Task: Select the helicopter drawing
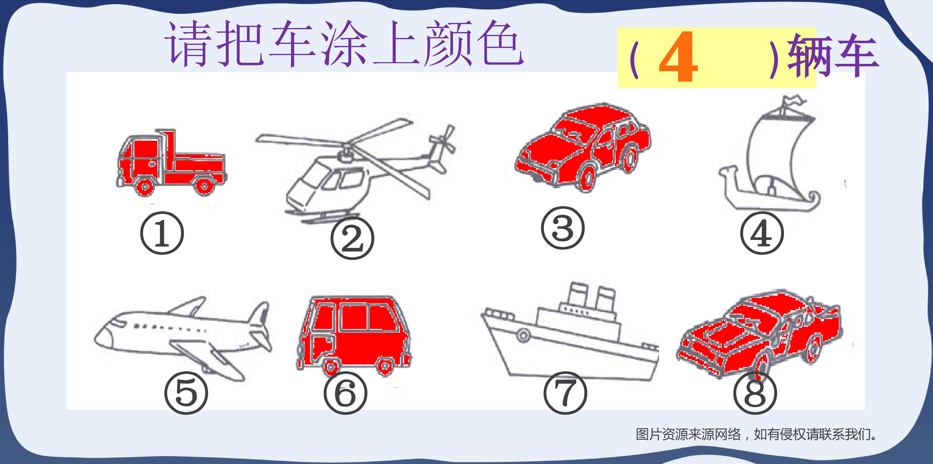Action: (355, 170)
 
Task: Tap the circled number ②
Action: (352, 238)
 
